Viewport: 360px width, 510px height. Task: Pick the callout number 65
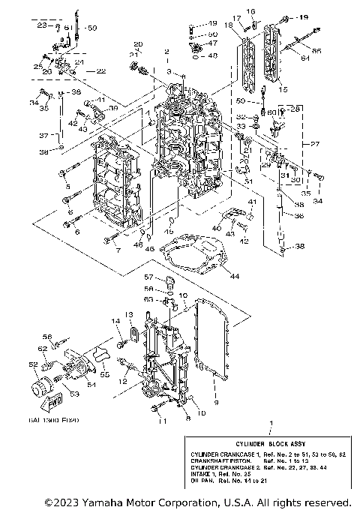[316, 49]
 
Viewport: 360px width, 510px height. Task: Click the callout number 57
[148, 277]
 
